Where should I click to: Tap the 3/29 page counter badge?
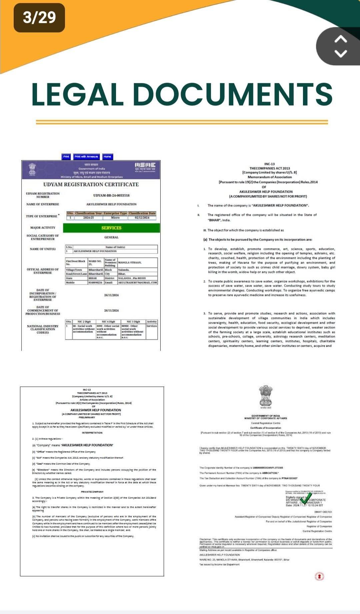point(39,17)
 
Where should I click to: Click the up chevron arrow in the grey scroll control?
point(340,39)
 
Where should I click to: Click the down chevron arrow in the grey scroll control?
point(340,53)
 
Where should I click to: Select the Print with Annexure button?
point(86,156)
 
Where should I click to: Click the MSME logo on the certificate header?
point(145,166)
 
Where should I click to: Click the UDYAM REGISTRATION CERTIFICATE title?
point(91,184)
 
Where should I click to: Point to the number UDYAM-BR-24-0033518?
point(111,195)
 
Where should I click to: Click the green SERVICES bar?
point(111,228)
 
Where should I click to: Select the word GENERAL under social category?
point(111,237)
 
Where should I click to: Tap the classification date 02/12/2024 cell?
point(142,218)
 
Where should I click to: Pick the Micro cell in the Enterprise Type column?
point(115,218)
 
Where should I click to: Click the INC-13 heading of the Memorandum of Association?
point(269,164)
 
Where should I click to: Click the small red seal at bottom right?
point(319,576)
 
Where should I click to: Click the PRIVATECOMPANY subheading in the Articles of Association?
point(92,492)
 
